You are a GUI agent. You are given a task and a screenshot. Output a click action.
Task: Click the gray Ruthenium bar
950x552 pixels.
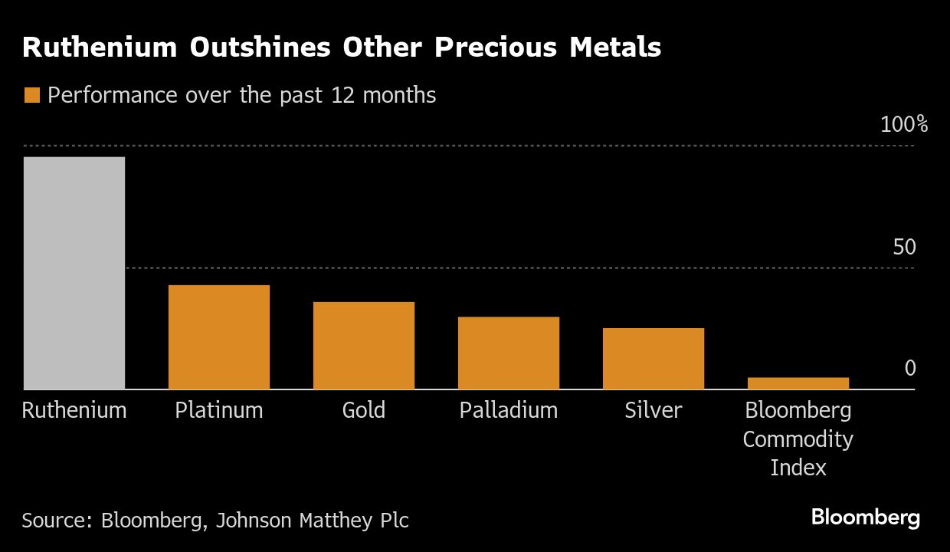tap(74, 273)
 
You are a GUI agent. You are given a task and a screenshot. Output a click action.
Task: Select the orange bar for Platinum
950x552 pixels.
tap(219, 337)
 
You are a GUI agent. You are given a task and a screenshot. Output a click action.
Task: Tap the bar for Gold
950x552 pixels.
tap(364, 346)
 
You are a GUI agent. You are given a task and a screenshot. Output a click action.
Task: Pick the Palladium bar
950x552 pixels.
tap(509, 353)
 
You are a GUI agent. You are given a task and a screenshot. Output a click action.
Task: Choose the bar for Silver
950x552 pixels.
tap(654, 359)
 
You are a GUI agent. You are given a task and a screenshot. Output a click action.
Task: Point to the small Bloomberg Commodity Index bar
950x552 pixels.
tap(798, 383)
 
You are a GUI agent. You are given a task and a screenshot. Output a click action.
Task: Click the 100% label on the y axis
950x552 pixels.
tap(904, 125)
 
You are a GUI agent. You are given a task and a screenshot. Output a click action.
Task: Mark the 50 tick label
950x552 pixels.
tap(904, 248)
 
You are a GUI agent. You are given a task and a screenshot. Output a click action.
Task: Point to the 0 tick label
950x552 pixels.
tap(910, 369)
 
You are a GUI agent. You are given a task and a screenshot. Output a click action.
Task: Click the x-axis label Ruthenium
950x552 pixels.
tap(74, 410)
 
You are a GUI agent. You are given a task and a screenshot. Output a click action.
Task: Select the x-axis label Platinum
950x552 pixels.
tap(219, 410)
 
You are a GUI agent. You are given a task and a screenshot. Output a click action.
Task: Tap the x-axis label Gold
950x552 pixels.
tap(364, 410)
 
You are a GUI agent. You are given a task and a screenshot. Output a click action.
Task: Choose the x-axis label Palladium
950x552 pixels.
tap(509, 410)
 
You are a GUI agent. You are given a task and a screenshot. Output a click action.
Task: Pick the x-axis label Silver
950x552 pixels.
tap(654, 410)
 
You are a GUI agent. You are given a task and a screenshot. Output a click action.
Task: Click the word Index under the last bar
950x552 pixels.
tap(798, 468)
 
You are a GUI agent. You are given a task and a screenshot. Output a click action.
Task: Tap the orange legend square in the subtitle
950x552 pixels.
tap(32, 96)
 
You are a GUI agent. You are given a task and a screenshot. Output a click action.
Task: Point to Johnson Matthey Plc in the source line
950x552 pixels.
tap(312, 521)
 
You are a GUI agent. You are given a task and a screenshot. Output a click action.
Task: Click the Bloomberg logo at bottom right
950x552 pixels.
tap(866, 517)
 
